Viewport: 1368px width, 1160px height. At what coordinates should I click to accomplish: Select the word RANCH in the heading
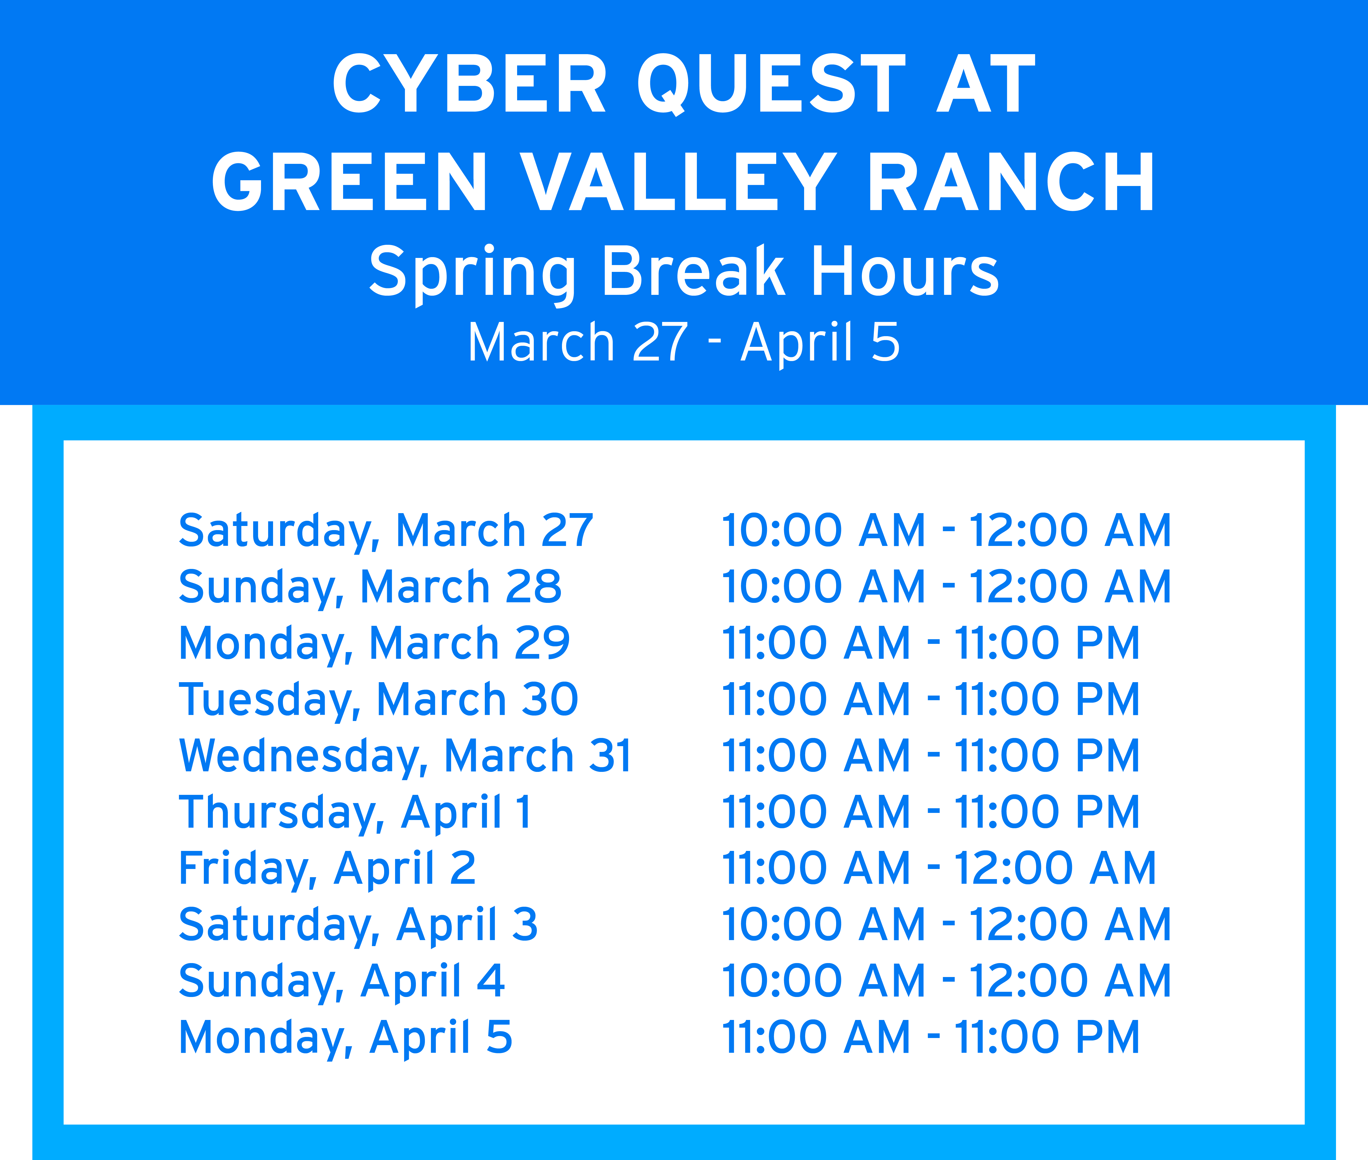[x=1011, y=182]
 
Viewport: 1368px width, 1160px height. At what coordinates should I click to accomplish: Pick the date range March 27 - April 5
[x=684, y=343]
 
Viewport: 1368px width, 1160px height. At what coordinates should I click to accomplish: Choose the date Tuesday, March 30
[x=379, y=700]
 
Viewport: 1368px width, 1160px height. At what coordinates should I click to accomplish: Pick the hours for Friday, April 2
[x=939, y=869]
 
